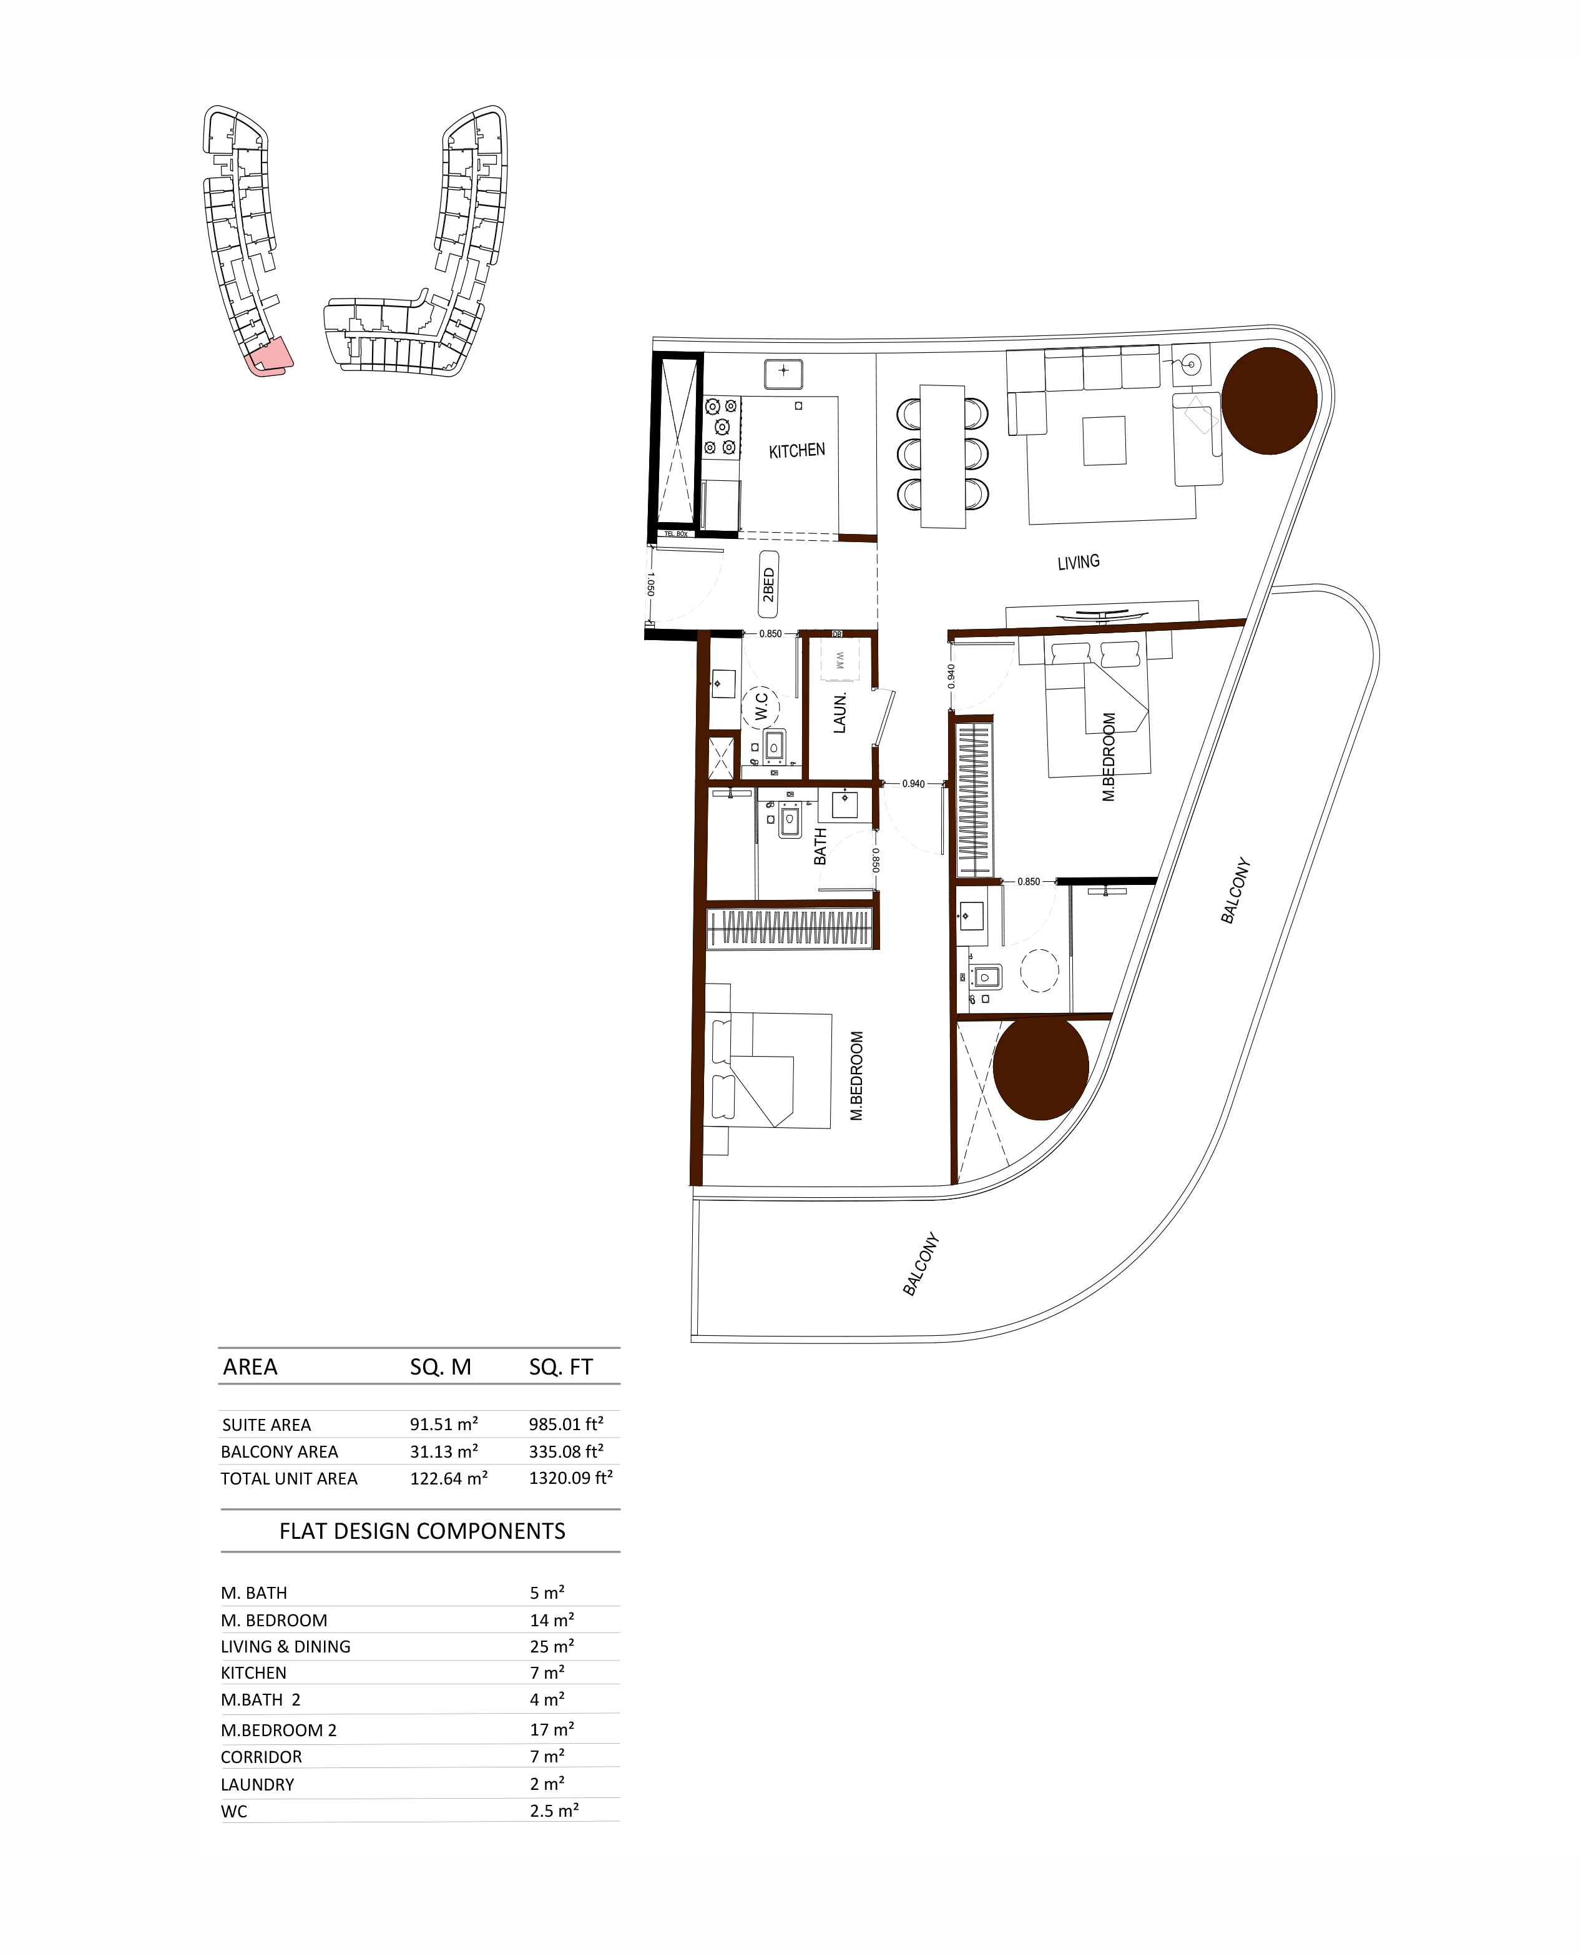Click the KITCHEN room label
797,451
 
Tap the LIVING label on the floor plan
1079,562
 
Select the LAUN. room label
839,713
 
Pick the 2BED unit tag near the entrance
768,585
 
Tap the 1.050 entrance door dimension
650,584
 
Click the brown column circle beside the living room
1269,401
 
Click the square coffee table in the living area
1104,441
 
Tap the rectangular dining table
942,455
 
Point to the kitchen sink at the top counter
783,373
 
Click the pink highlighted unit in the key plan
270,357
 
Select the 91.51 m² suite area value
444,1424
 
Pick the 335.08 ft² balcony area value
565,1451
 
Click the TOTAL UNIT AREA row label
289,1479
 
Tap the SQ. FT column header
561,1366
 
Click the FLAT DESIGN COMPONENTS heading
422,1531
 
